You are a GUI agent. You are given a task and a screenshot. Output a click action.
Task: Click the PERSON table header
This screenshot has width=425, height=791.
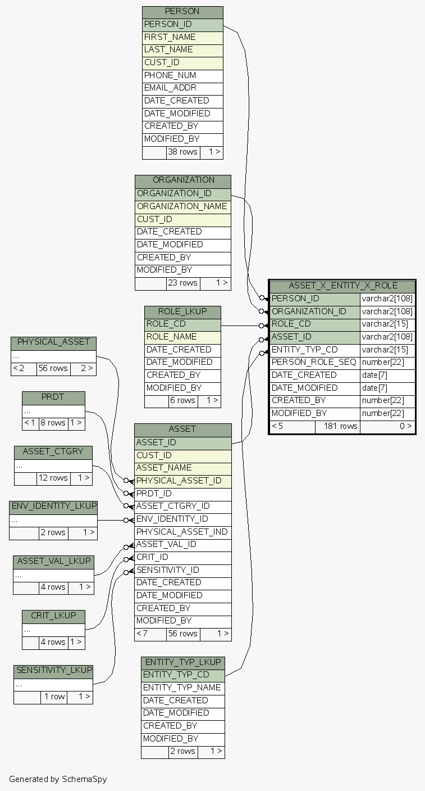point(182,12)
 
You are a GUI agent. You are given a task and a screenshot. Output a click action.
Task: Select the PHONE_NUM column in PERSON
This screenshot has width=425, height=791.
point(170,75)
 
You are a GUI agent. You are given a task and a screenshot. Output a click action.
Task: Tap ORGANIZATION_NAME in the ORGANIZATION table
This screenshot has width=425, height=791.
point(182,206)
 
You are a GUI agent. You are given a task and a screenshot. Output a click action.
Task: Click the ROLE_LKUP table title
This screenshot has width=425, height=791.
point(182,311)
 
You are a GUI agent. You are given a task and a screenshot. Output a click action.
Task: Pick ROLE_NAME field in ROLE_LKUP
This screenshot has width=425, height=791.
point(172,337)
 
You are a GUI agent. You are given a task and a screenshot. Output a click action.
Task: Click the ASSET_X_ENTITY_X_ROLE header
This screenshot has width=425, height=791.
point(342,286)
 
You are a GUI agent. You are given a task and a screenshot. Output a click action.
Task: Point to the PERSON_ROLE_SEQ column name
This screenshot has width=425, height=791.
point(313,362)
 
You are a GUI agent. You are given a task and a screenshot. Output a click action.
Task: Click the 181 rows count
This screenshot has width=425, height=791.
point(337,426)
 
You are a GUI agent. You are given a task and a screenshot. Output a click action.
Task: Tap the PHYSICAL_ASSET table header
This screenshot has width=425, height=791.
point(53,342)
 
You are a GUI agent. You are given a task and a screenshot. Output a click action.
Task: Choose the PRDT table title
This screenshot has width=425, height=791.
point(53,397)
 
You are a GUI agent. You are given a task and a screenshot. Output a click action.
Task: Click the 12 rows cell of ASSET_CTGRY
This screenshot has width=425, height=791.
point(53,478)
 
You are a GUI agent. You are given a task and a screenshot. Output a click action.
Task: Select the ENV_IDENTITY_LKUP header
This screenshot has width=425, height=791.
point(53,506)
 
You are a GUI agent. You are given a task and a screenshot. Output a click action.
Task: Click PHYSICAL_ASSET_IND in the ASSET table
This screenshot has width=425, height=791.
point(182,532)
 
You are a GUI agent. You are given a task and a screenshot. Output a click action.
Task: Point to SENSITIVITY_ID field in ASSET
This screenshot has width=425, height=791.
point(167,570)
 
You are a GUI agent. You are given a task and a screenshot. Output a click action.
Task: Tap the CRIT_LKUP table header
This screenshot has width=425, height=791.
point(53,616)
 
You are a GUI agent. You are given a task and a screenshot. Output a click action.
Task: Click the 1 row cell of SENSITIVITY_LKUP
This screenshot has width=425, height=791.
point(54,697)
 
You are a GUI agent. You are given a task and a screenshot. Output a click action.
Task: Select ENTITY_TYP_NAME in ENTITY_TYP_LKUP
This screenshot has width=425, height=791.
point(182,688)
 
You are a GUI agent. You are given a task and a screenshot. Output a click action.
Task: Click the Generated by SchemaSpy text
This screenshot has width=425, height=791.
point(57,779)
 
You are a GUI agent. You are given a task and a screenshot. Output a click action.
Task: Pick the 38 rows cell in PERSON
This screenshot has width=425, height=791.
point(182,152)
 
